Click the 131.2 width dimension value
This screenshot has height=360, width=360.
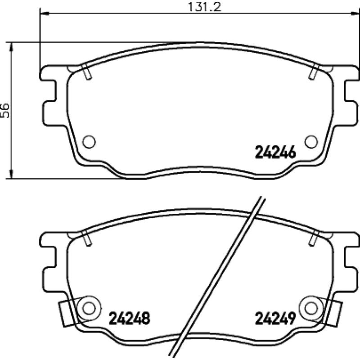pyautogui.click(x=204, y=7)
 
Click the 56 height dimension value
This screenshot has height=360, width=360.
pyautogui.click(x=5, y=111)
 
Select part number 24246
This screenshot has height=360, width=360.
pyautogui.click(x=275, y=153)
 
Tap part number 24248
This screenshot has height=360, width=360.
pyautogui.click(x=130, y=318)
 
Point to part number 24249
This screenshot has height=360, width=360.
pyautogui.click(x=275, y=318)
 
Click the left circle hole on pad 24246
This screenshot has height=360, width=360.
pyautogui.click(x=89, y=142)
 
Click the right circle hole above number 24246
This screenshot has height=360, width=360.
pyautogui.click(x=311, y=142)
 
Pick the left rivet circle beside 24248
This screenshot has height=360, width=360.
pyautogui.click(x=89, y=308)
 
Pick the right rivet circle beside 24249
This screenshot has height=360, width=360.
pyautogui.click(x=311, y=308)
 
